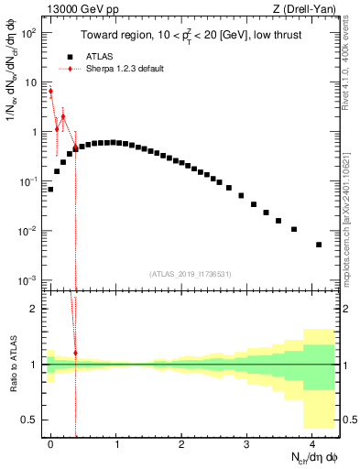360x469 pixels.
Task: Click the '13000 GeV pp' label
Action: coord(75,8)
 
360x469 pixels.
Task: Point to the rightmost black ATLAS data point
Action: coord(319,245)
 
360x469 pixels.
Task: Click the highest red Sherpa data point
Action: coord(50,91)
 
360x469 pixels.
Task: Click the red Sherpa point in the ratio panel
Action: coord(75,353)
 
